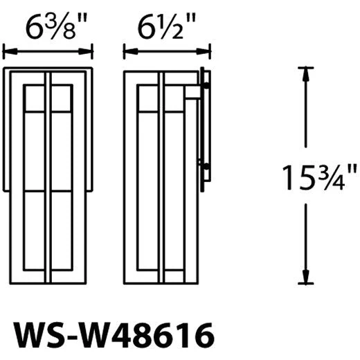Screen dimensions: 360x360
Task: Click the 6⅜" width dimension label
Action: [x=56, y=26]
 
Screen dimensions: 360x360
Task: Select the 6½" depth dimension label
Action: [x=167, y=26]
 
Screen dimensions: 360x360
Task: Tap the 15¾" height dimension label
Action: [x=319, y=177]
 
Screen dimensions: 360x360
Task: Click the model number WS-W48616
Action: [x=114, y=336]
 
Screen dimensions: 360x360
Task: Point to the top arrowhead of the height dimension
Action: [x=305, y=74]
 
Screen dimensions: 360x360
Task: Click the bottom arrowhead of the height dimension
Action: [x=305, y=276]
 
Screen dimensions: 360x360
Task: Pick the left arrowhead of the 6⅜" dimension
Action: [x=10, y=51]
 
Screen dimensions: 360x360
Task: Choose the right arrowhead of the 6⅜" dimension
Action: [x=85, y=51]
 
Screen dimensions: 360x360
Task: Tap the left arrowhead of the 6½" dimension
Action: [x=131, y=51]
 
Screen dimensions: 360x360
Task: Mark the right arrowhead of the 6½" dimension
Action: [x=203, y=51]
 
